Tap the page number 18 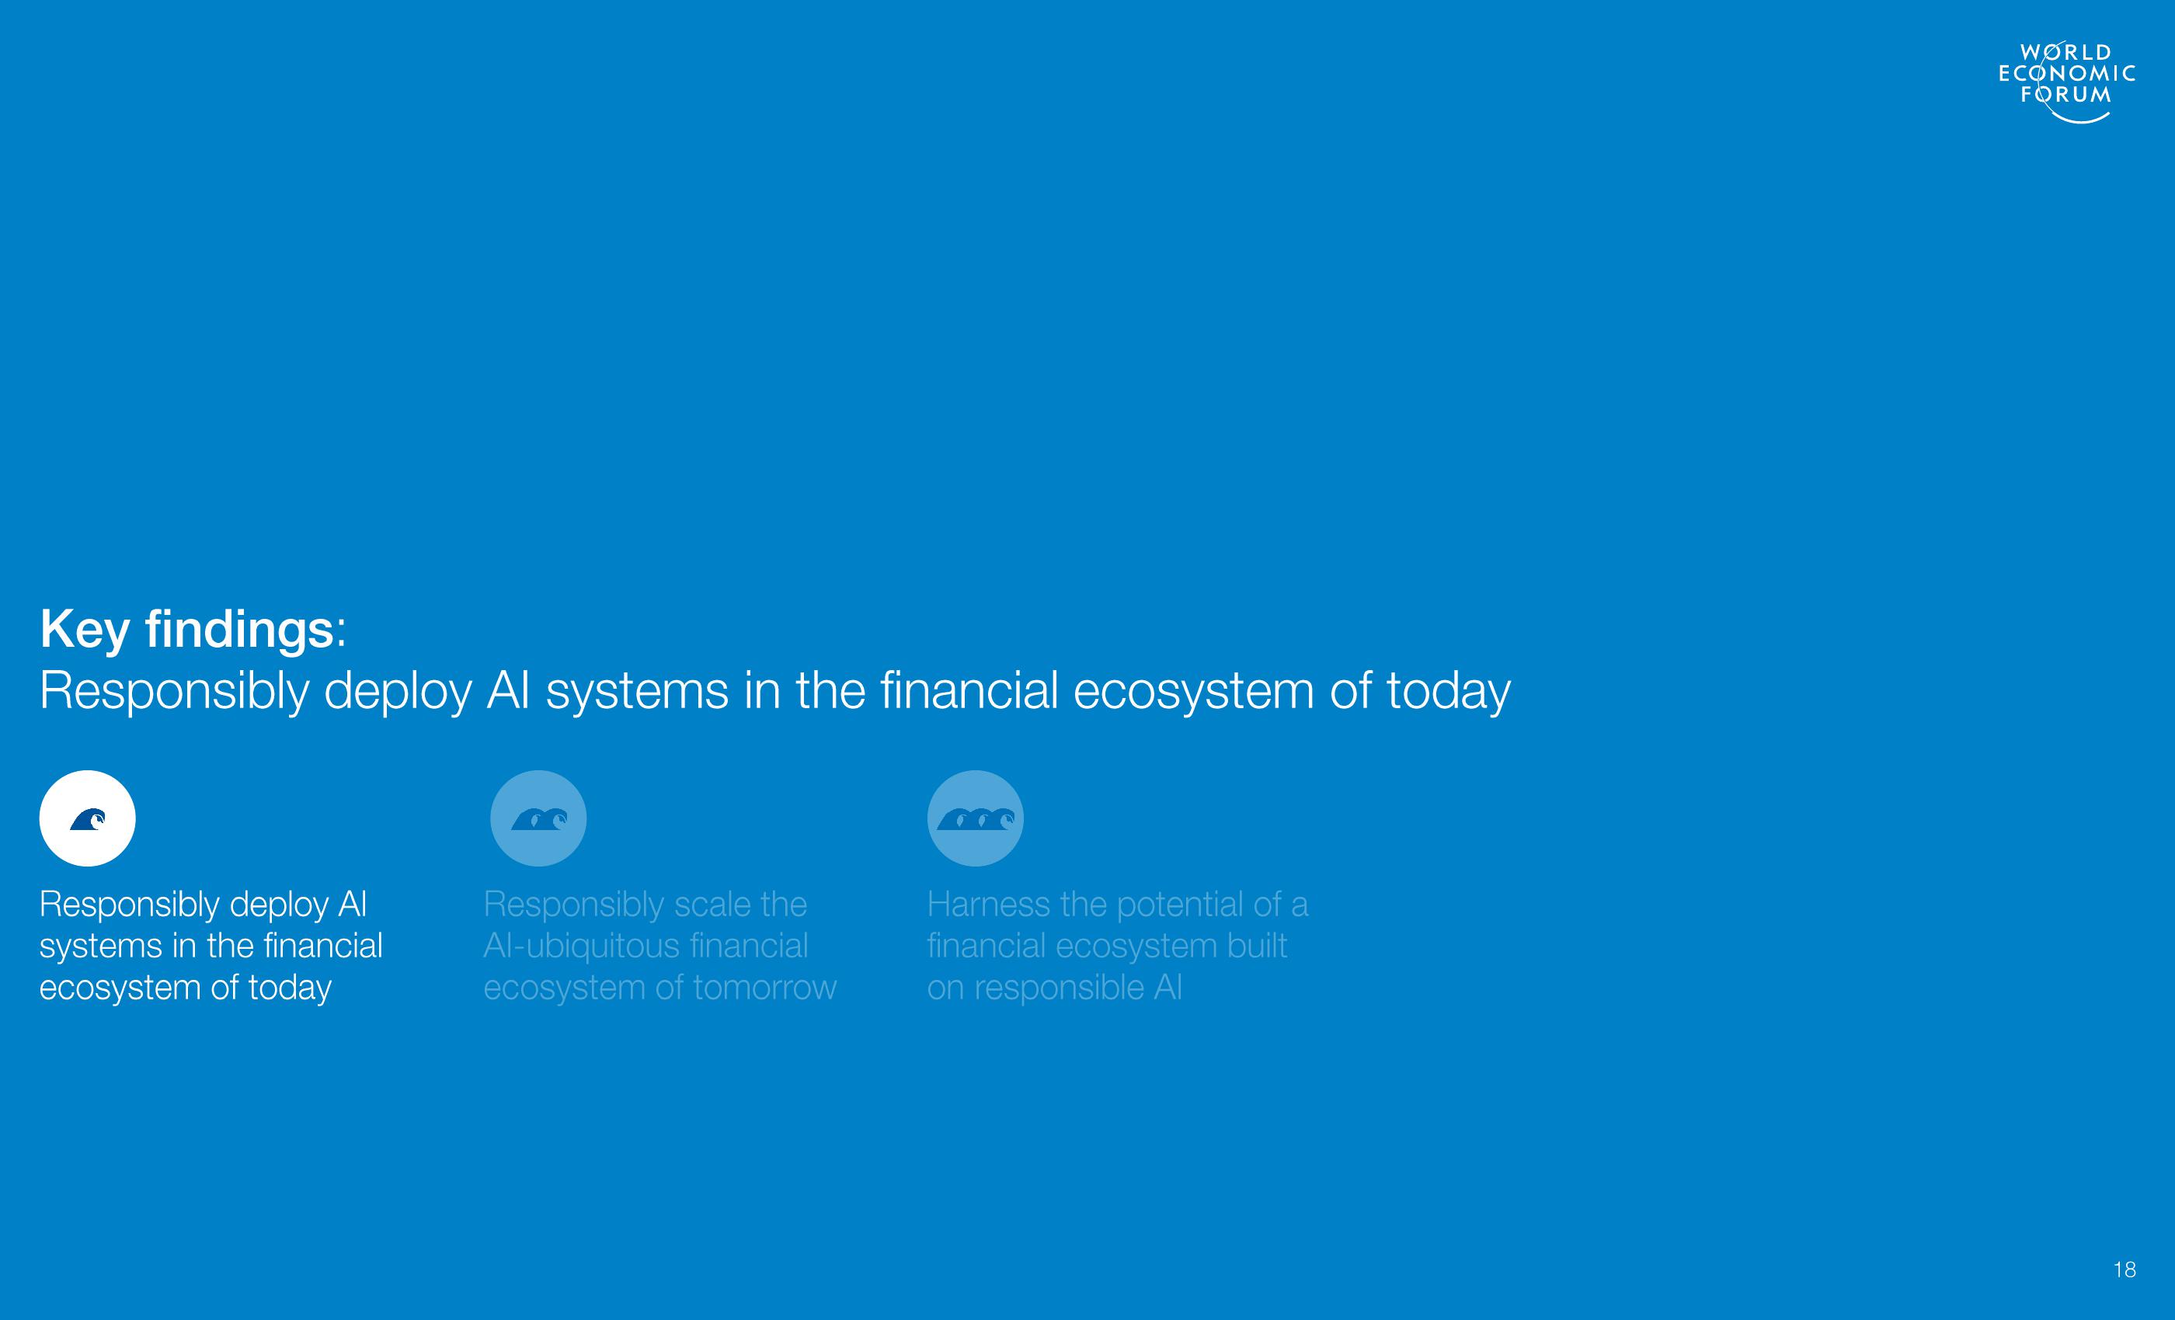tap(2125, 1270)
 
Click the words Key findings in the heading tap(187, 630)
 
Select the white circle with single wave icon tap(87, 818)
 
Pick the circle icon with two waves tap(538, 818)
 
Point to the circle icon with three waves tap(976, 818)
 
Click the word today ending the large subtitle tap(1449, 691)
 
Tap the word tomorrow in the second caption tap(764, 988)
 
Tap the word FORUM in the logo tap(2066, 95)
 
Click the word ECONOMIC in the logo tap(2066, 73)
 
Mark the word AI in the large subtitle tap(509, 690)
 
